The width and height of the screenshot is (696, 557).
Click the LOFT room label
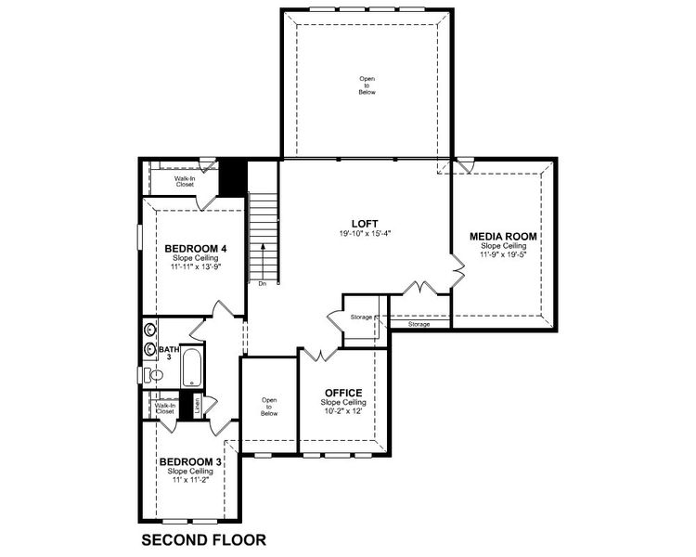click(x=364, y=223)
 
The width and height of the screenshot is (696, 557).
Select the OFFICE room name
click(x=343, y=392)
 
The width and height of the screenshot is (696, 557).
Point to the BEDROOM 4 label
click(x=196, y=249)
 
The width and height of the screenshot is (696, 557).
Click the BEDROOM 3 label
click(x=190, y=461)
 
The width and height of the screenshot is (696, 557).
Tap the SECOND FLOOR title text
click(x=203, y=538)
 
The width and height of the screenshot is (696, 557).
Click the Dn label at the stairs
click(x=263, y=283)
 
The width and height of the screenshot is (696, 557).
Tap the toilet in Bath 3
click(x=155, y=374)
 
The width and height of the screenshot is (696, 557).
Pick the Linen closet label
click(x=198, y=405)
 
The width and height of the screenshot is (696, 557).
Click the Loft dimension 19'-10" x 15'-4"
click(x=364, y=234)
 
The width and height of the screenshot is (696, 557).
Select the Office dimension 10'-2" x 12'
click(x=343, y=411)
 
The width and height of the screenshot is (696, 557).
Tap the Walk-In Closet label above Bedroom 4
click(x=185, y=181)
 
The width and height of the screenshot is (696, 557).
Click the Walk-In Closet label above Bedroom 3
click(x=165, y=408)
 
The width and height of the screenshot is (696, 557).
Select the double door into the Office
click(x=319, y=354)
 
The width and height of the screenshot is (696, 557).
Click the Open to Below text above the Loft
click(x=367, y=84)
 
